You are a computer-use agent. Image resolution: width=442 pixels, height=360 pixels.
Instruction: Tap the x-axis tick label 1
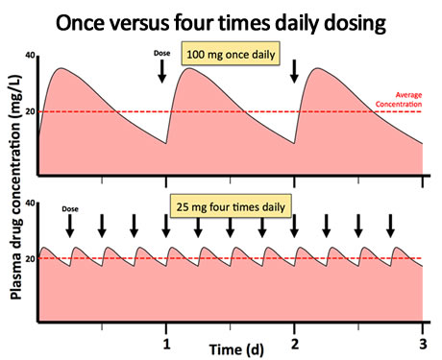coord(166,341)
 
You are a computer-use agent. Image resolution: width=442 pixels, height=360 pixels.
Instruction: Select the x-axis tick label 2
coord(295,341)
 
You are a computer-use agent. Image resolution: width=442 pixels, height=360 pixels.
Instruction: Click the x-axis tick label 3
coord(423,341)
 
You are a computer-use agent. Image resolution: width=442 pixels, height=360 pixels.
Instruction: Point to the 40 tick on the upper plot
coord(30,59)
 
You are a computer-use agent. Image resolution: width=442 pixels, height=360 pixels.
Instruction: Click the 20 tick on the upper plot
coord(30,112)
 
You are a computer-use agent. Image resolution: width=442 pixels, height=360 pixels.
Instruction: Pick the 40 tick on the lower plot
coord(30,204)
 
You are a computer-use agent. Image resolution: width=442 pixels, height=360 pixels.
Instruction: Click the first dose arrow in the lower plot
coord(70,226)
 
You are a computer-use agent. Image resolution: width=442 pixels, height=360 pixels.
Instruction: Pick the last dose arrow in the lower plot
coord(390,226)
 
